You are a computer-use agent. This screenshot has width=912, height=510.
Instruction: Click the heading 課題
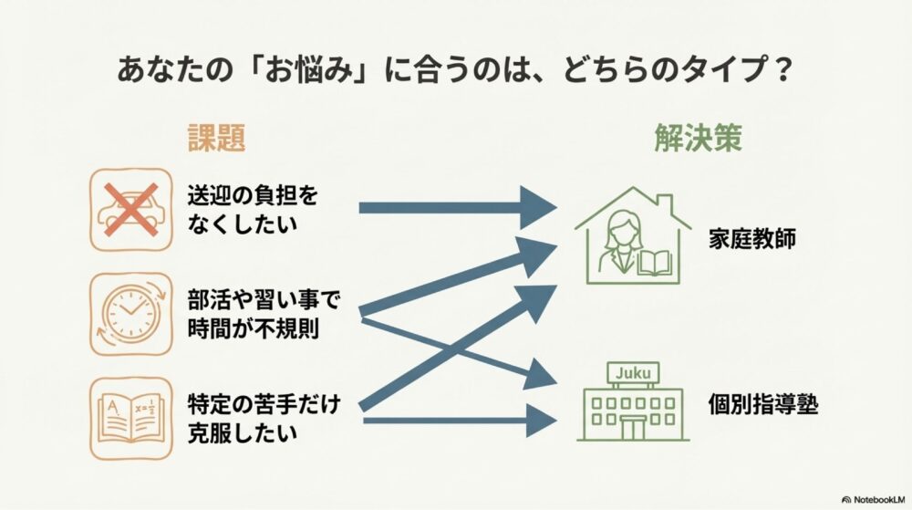click(216, 138)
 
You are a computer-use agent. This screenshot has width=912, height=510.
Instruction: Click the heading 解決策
click(697, 138)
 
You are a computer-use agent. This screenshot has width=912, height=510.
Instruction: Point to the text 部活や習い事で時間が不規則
click(265, 313)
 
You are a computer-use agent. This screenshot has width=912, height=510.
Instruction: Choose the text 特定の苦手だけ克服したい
click(265, 417)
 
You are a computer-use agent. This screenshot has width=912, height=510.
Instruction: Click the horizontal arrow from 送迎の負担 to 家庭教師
click(456, 208)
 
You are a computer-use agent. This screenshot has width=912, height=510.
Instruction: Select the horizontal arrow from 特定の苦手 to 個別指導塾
click(456, 421)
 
